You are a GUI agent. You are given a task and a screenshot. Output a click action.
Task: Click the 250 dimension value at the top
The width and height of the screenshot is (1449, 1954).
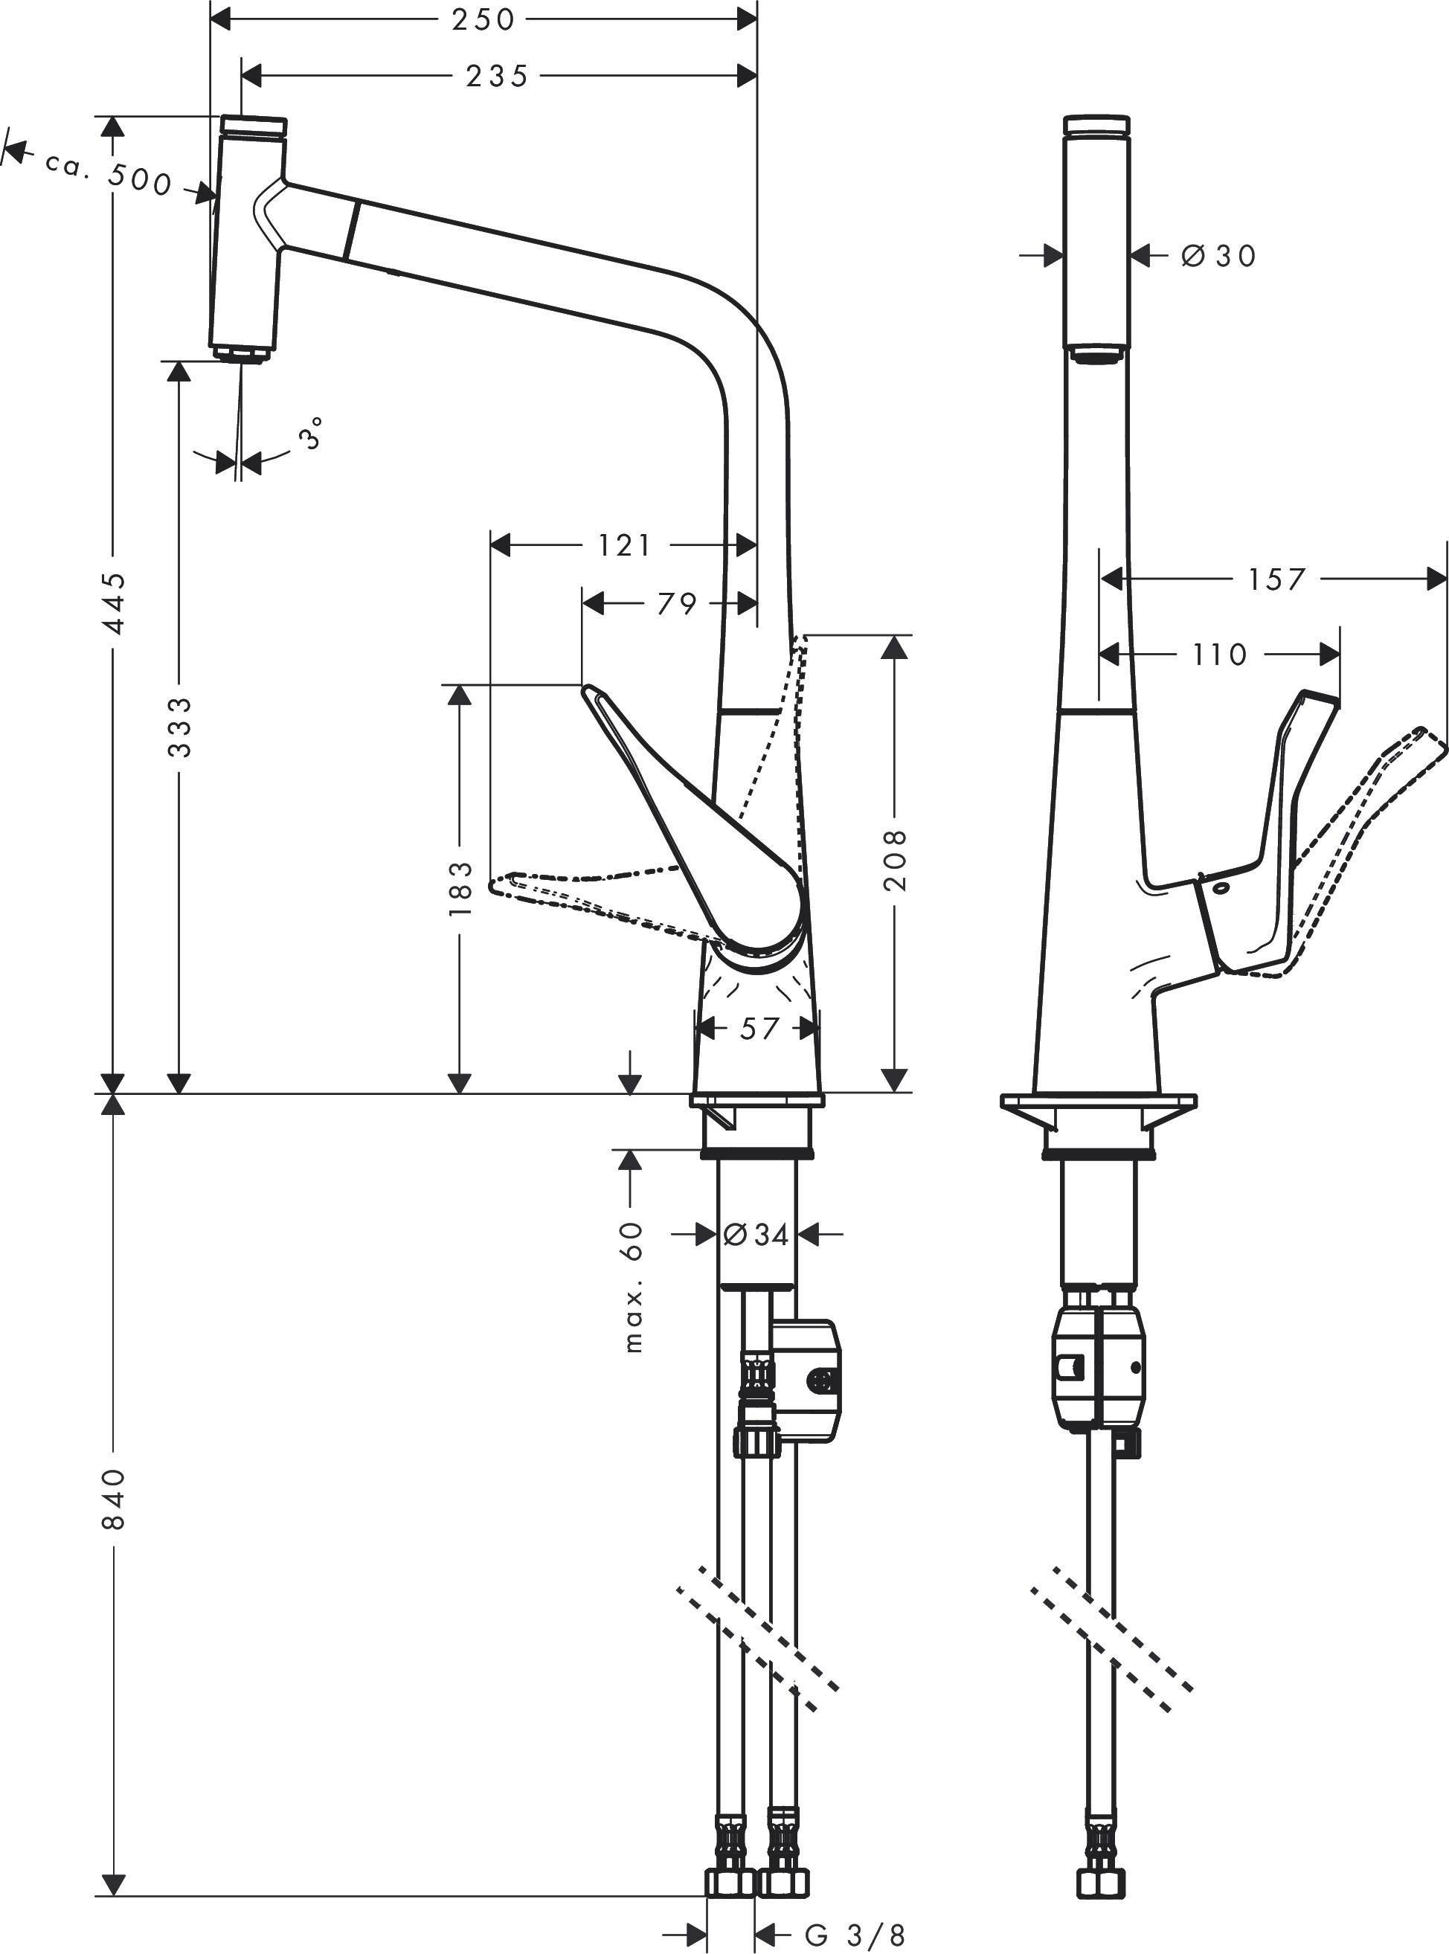[x=483, y=19]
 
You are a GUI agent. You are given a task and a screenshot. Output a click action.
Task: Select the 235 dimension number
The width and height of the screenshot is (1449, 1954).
[x=496, y=77]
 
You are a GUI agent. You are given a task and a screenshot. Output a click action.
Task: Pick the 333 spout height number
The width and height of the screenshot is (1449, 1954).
[x=179, y=727]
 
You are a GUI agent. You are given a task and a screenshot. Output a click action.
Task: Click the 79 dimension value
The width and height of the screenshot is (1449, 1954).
[x=676, y=603]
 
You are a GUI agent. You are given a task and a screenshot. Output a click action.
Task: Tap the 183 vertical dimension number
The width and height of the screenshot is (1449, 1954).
[x=460, y=888]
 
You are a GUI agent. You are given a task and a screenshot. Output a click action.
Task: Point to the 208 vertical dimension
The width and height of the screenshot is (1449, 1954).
[x=894, y=860]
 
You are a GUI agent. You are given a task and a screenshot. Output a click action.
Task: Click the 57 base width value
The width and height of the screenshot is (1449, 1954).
[x=759, y=1028]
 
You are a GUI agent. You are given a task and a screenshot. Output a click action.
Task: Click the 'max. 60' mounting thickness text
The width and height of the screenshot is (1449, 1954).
[x=632, y=1287]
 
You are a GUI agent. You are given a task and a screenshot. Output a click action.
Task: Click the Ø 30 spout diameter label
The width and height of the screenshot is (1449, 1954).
[x=1218, y=256]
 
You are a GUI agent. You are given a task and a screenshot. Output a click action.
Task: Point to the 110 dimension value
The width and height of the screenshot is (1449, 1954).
[x=1219, y=655]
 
